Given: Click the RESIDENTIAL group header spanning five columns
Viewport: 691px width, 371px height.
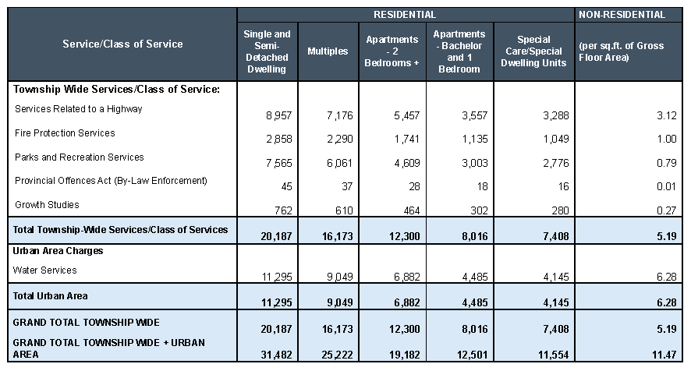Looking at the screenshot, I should [405, 15].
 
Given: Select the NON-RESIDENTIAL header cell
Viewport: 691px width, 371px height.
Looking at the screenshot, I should [632, 15].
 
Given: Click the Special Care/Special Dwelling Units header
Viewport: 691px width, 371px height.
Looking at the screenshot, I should [533, 51].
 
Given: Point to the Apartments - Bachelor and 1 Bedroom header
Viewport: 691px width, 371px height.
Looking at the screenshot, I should [459, 51].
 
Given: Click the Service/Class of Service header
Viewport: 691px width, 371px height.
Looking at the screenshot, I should [122, 44].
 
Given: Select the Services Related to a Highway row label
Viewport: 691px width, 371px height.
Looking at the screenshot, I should [79, 109].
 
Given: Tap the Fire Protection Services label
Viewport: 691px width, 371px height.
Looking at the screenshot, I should [65, 133].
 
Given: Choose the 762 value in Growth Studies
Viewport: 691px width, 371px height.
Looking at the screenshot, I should [282, 211].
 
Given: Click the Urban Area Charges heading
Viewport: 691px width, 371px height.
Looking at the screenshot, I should [58, 252].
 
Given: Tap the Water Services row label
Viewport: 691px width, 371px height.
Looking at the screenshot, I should [45, 270].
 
